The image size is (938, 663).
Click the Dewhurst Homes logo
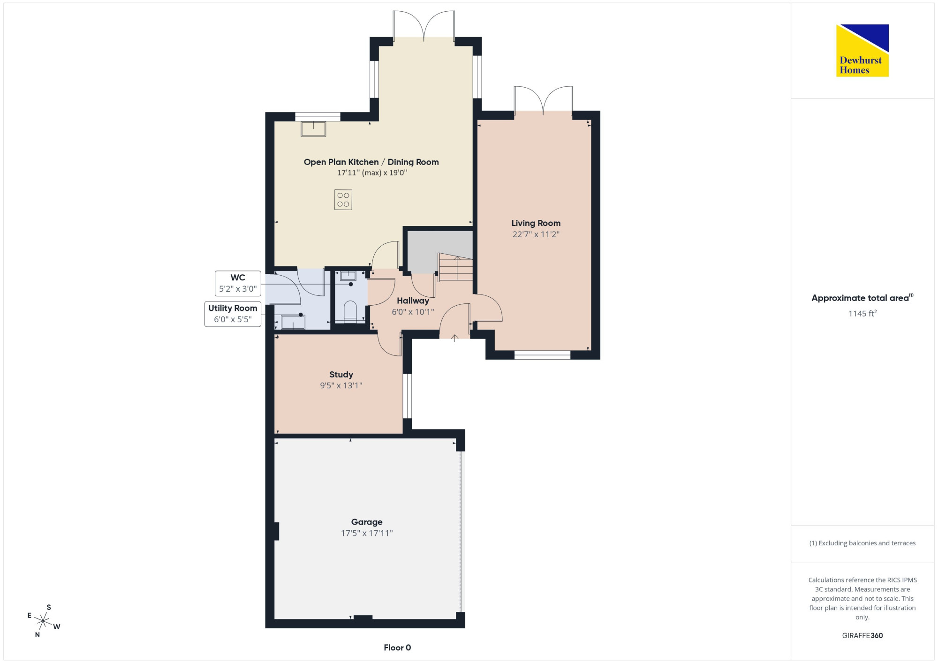pyautogui.click(x=862, y=50)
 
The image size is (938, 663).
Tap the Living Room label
pyautogui.click(x=536, y=223)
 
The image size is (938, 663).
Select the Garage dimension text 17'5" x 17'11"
pyautogui.click(x=367, y=533)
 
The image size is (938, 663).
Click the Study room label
pyautogui.click(x=341, y=375)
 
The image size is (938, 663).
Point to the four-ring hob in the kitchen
pyautogui.click(x=343, y=199)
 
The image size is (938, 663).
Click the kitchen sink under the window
pyautogui.click(x=313, y=128)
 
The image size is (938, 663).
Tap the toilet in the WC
pyautogui.click(x=350, y=312)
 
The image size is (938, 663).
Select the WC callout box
pyautogui.click(x=238, y=283)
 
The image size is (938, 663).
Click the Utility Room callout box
pyautogui.click(x=233, y=314)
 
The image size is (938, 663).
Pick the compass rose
pyautogui.click(x=43, y=621)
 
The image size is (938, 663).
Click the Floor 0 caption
pyautogui.click(x=397, y=648)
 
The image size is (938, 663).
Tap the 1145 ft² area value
pyautogui.click(x=862, y=313)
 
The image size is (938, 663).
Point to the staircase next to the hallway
pyautogui.click(x=455, y=267)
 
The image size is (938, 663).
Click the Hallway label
pyautogui.click(x=413, y=301)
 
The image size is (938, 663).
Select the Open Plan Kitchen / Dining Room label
pyautogui.click(x=371, y=162)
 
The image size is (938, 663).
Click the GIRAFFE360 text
pyautogui.click(x=862, y=636)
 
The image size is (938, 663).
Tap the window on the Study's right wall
pyautogui.click(x=407, y=396)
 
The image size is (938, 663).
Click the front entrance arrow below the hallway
pyautogui.click(x=454, y=338)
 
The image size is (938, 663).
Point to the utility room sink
pyautogui.click(x=293, y=322)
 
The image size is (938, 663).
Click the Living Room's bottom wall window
pyautogui.click(x=542, y=355)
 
